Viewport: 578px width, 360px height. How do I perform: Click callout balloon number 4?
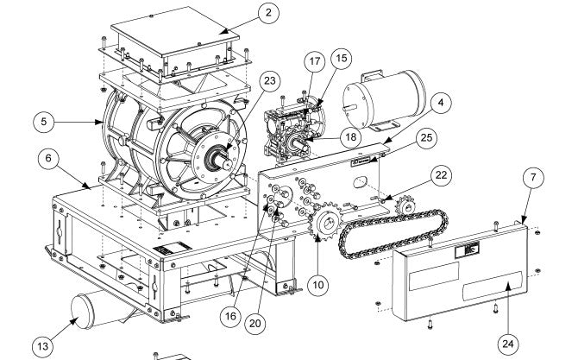coord(441,104)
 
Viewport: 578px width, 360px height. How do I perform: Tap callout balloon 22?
coord(441,175)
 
